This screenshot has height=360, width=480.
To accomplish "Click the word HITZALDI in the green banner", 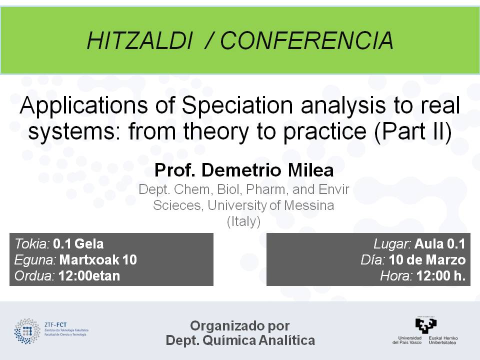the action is (x=140, y=40).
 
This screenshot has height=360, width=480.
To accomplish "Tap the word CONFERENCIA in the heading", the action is (x=306, y=40).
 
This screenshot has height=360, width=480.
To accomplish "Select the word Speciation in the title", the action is (x=237, y=105).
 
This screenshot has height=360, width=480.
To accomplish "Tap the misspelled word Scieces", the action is (x=178, y=205).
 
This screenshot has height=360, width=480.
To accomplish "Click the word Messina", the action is (x=309, y=205).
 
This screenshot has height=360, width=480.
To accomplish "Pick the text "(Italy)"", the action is (x=243, y=221).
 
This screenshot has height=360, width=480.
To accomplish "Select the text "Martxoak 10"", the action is (x=98, y=260).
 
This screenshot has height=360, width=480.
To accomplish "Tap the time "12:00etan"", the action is (x=89, y=276).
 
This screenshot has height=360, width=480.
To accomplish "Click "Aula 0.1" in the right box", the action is (x=440, y=244).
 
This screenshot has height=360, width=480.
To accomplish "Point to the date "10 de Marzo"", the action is (x=427, y=260).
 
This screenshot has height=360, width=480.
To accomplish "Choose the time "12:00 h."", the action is (x=441, y=276).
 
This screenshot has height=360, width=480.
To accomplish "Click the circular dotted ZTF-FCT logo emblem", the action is (x=27, y=331).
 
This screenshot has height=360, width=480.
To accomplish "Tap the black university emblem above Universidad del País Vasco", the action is (x=426, y=325).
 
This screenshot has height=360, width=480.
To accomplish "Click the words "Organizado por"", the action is (x=240, y=325).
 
